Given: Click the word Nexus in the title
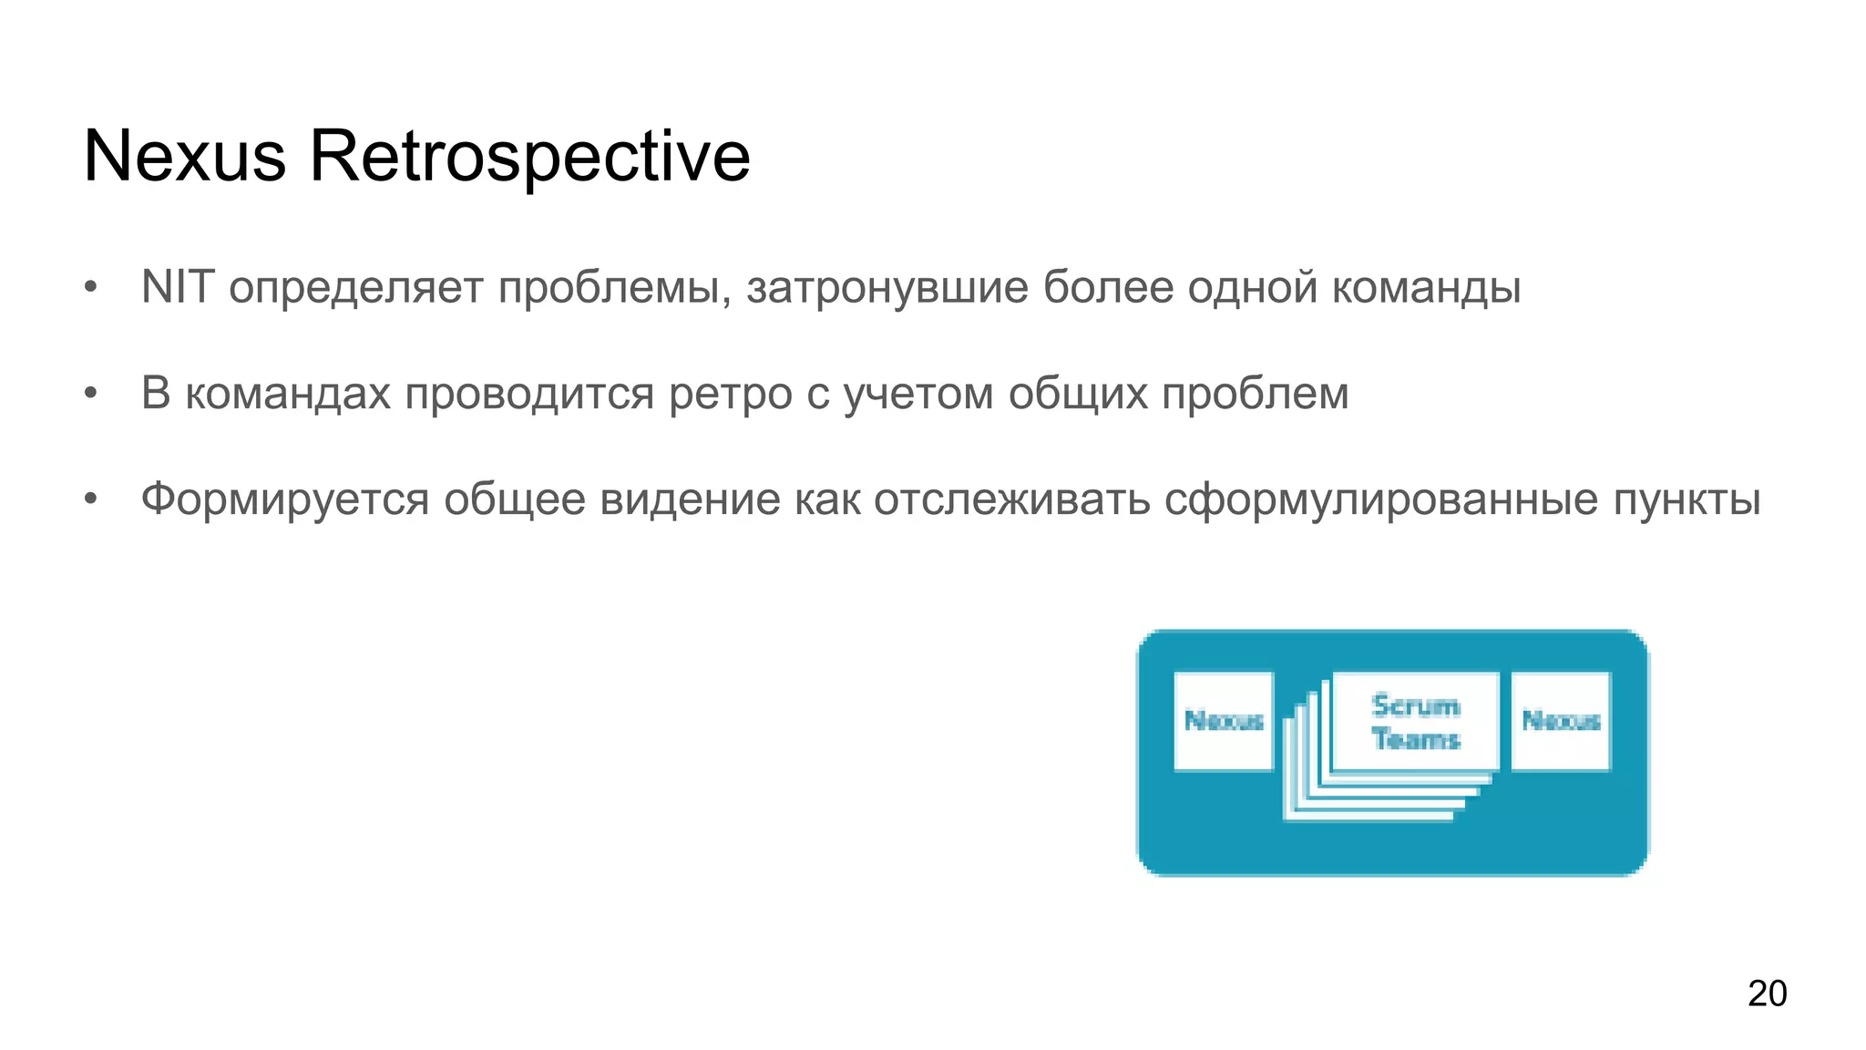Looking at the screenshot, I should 184,157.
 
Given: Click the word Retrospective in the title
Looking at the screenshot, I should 529,157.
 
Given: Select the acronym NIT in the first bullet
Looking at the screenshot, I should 177,287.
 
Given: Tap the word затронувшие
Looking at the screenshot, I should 887,287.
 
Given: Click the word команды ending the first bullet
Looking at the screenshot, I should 1426,288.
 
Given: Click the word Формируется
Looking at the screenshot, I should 284,500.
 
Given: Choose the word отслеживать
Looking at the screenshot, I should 1011,499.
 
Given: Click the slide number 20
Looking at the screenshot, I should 1767,993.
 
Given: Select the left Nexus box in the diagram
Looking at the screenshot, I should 1223,721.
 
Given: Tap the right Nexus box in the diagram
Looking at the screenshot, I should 1561,721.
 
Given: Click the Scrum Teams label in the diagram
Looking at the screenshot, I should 1415,721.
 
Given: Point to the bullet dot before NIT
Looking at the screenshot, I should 90,288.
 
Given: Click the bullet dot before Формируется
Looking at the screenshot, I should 90,499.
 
